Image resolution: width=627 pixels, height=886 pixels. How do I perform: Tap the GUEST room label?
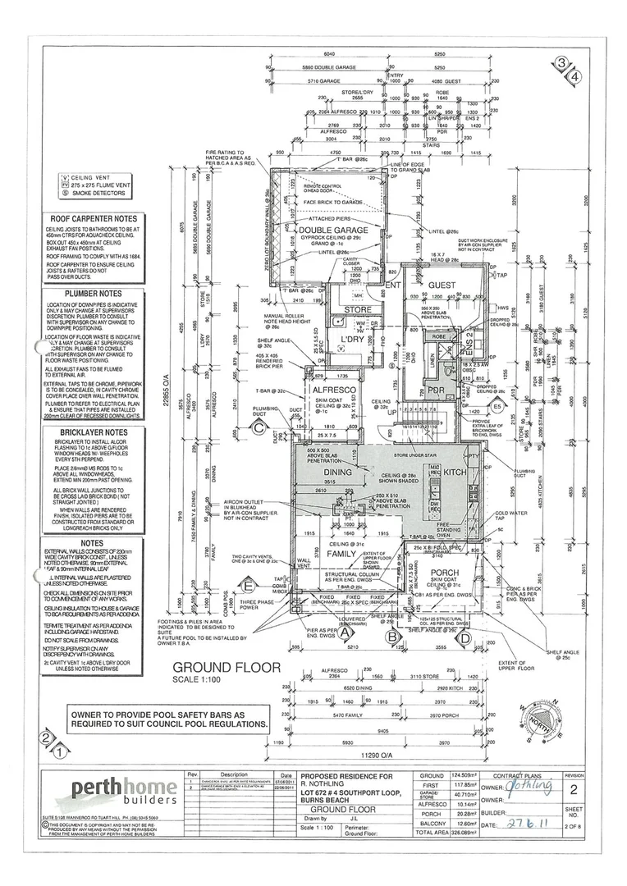pyautogui.click(x=442, y=285)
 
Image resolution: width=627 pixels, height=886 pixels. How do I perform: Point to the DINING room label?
pyautogui.click(x=338, y=473)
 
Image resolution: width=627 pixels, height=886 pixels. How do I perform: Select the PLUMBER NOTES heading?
pyautogui.click(x=91, y=294)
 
